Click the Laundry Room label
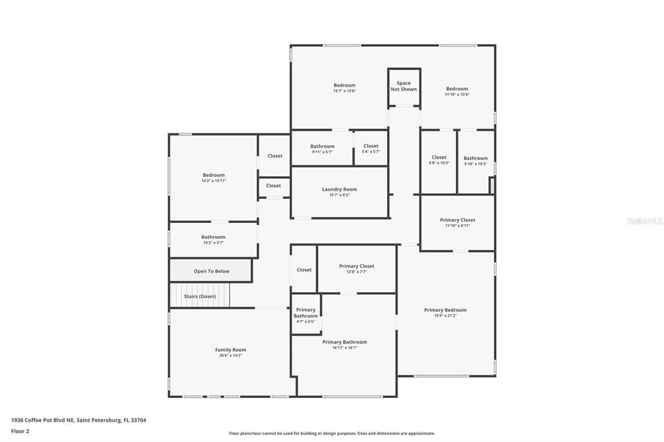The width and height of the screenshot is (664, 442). pos(339,189)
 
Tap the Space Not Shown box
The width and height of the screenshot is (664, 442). pos(403,86)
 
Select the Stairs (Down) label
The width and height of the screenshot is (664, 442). pos(200,296)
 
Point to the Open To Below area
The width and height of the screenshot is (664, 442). pos(211,271)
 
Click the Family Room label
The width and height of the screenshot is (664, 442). pos(230,350)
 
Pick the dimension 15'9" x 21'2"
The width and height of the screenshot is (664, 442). pos(445,316)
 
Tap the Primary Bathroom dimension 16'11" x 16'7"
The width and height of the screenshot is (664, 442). pos(344,348)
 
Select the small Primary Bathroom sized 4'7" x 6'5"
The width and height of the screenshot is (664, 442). pos(305,314)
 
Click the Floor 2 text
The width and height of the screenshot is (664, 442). pos(20,431)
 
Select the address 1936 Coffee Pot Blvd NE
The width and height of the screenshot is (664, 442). pos(43,420)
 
